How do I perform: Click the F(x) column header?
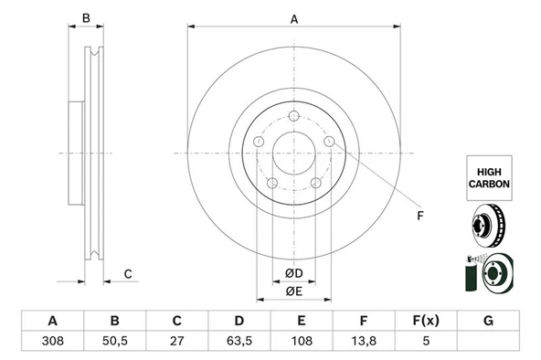[425, 321]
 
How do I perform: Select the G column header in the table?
[488, 321]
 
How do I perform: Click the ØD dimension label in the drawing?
[293, 273]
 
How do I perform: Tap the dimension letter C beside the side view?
[128, 274]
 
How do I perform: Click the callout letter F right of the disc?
[419, 217]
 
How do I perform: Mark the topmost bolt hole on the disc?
[293, 115]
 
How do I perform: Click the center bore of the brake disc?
[293, 153]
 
